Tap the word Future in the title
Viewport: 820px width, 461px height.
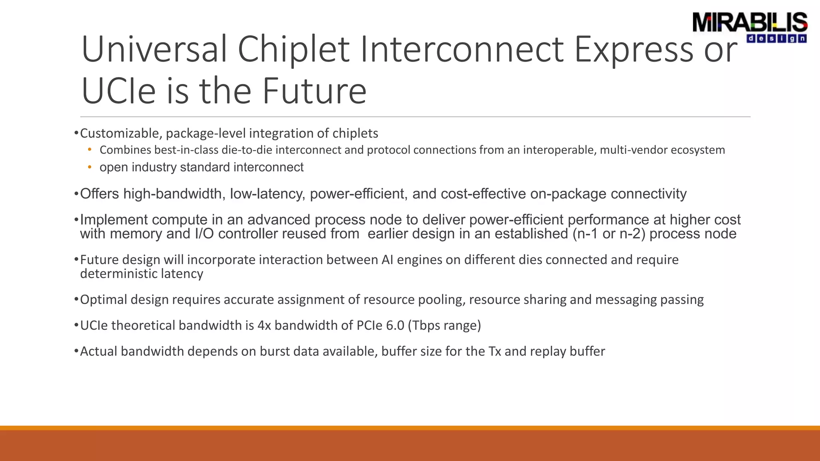[x=314, y=91]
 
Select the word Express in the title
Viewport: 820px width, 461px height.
[x=633, y=50]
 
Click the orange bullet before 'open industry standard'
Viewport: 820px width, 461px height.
[x=90, y=167]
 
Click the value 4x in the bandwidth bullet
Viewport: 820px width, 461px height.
[x=264, y=325]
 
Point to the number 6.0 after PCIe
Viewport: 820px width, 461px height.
[x=395, y=325]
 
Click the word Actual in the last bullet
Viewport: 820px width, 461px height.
[x=98, y=351]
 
